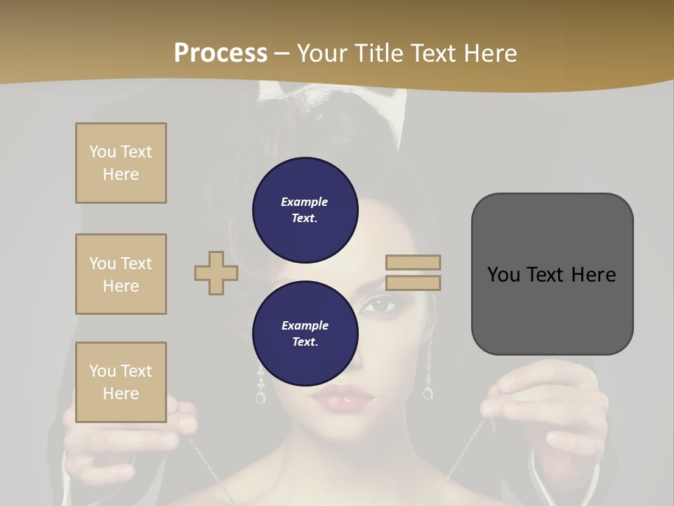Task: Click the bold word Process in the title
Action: tap(220, 53)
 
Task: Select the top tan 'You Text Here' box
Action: tap(121, 163)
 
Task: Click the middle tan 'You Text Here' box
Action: tap(121, 274)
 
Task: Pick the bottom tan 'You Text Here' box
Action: tap(121, 382)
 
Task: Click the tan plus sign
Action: tap(216, 273)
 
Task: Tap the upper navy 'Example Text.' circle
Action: tap(305, 209)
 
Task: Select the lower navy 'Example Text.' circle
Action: tap(305, 333)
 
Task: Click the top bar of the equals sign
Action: tap(413, 262)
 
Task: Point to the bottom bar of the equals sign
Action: tap(413, 283)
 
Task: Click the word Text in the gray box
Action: tap(552, 274)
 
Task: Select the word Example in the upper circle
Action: tap(305, 202)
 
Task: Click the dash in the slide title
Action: tap(282, 53)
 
